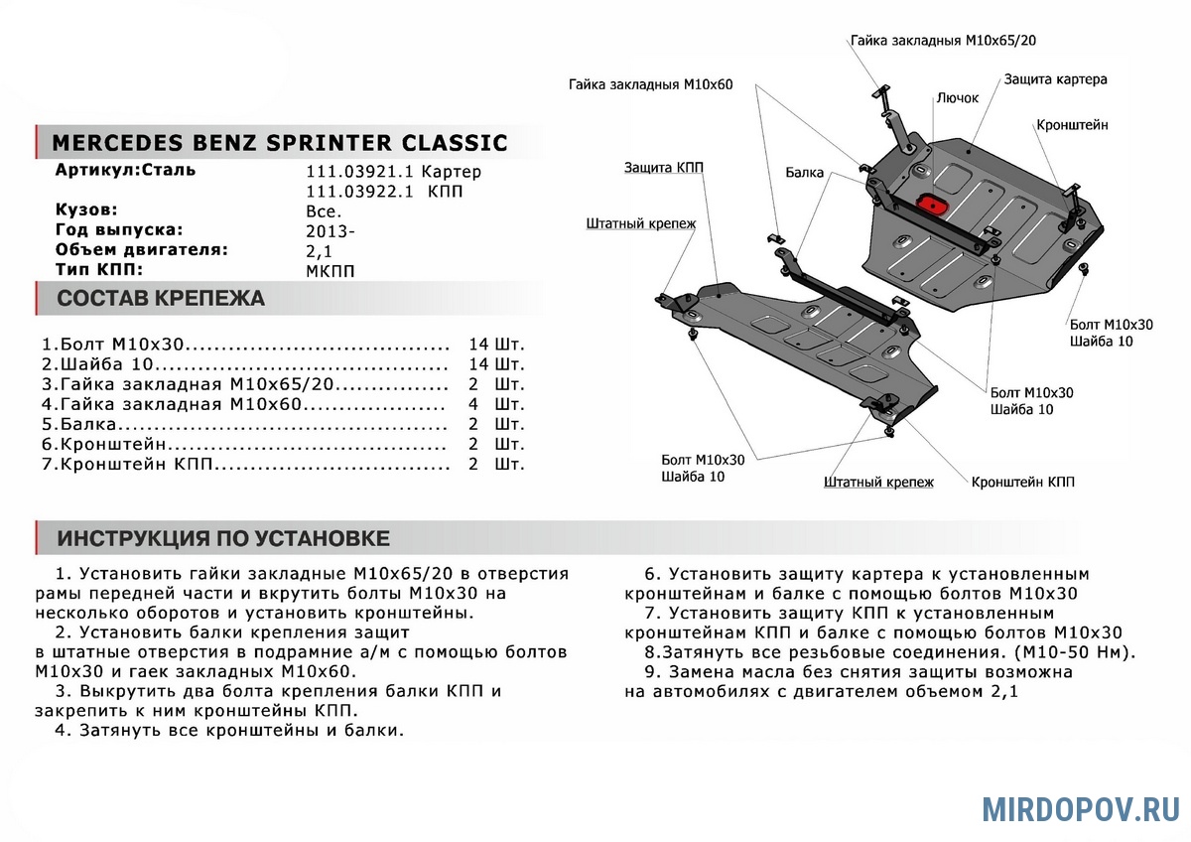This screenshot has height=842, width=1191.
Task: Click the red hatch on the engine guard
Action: click(932, 203)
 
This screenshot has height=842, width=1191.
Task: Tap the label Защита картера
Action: click(1055, 78)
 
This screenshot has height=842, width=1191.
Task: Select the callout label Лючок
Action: click(957, 98)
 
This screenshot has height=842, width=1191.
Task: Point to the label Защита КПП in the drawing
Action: click(664, 168)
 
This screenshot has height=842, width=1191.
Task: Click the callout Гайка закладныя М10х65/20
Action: click(945, 41)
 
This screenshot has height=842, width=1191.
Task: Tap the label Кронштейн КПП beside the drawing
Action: click(1022, 482)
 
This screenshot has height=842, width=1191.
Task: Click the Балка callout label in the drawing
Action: click(804, 173)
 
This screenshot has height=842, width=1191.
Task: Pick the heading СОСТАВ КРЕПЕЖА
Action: click(161, 299)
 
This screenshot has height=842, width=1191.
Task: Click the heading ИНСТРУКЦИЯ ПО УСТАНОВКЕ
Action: click(223, 538)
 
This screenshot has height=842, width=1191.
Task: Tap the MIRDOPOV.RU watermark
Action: click(1081, 809)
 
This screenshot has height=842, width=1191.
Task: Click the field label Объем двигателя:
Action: click(142, 249)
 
